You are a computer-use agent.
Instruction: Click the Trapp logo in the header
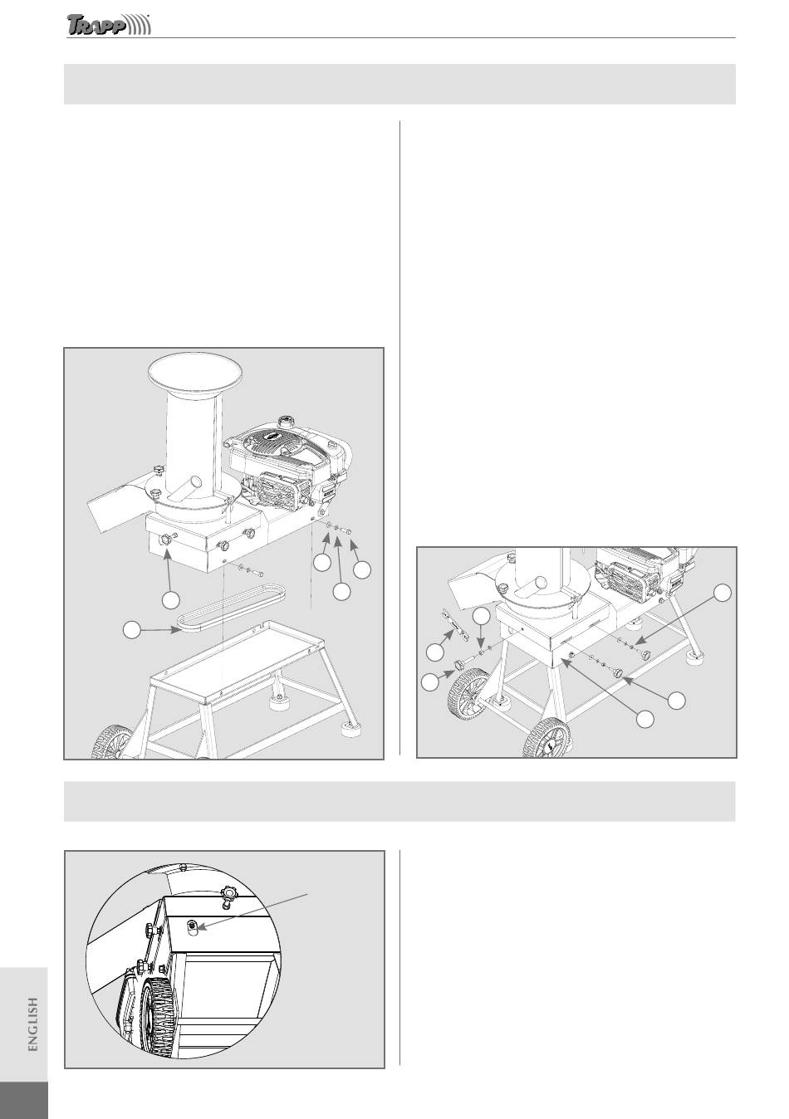click(x=109, y=25)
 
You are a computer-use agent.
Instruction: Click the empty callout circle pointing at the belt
click(x=132, y=629)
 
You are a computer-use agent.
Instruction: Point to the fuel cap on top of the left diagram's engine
click(x=287, y=420)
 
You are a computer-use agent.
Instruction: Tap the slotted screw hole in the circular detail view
click(x=194, y=926)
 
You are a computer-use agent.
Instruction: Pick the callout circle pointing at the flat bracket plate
click(x=434, y=652)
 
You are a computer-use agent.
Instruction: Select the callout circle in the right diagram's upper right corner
click(x=722, y=593)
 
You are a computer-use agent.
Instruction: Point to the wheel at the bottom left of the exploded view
click(x=111, y=741)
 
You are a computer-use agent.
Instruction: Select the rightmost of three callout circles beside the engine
click(x=362, y=570)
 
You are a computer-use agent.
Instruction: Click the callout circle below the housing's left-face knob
click(x=171, y=599)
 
